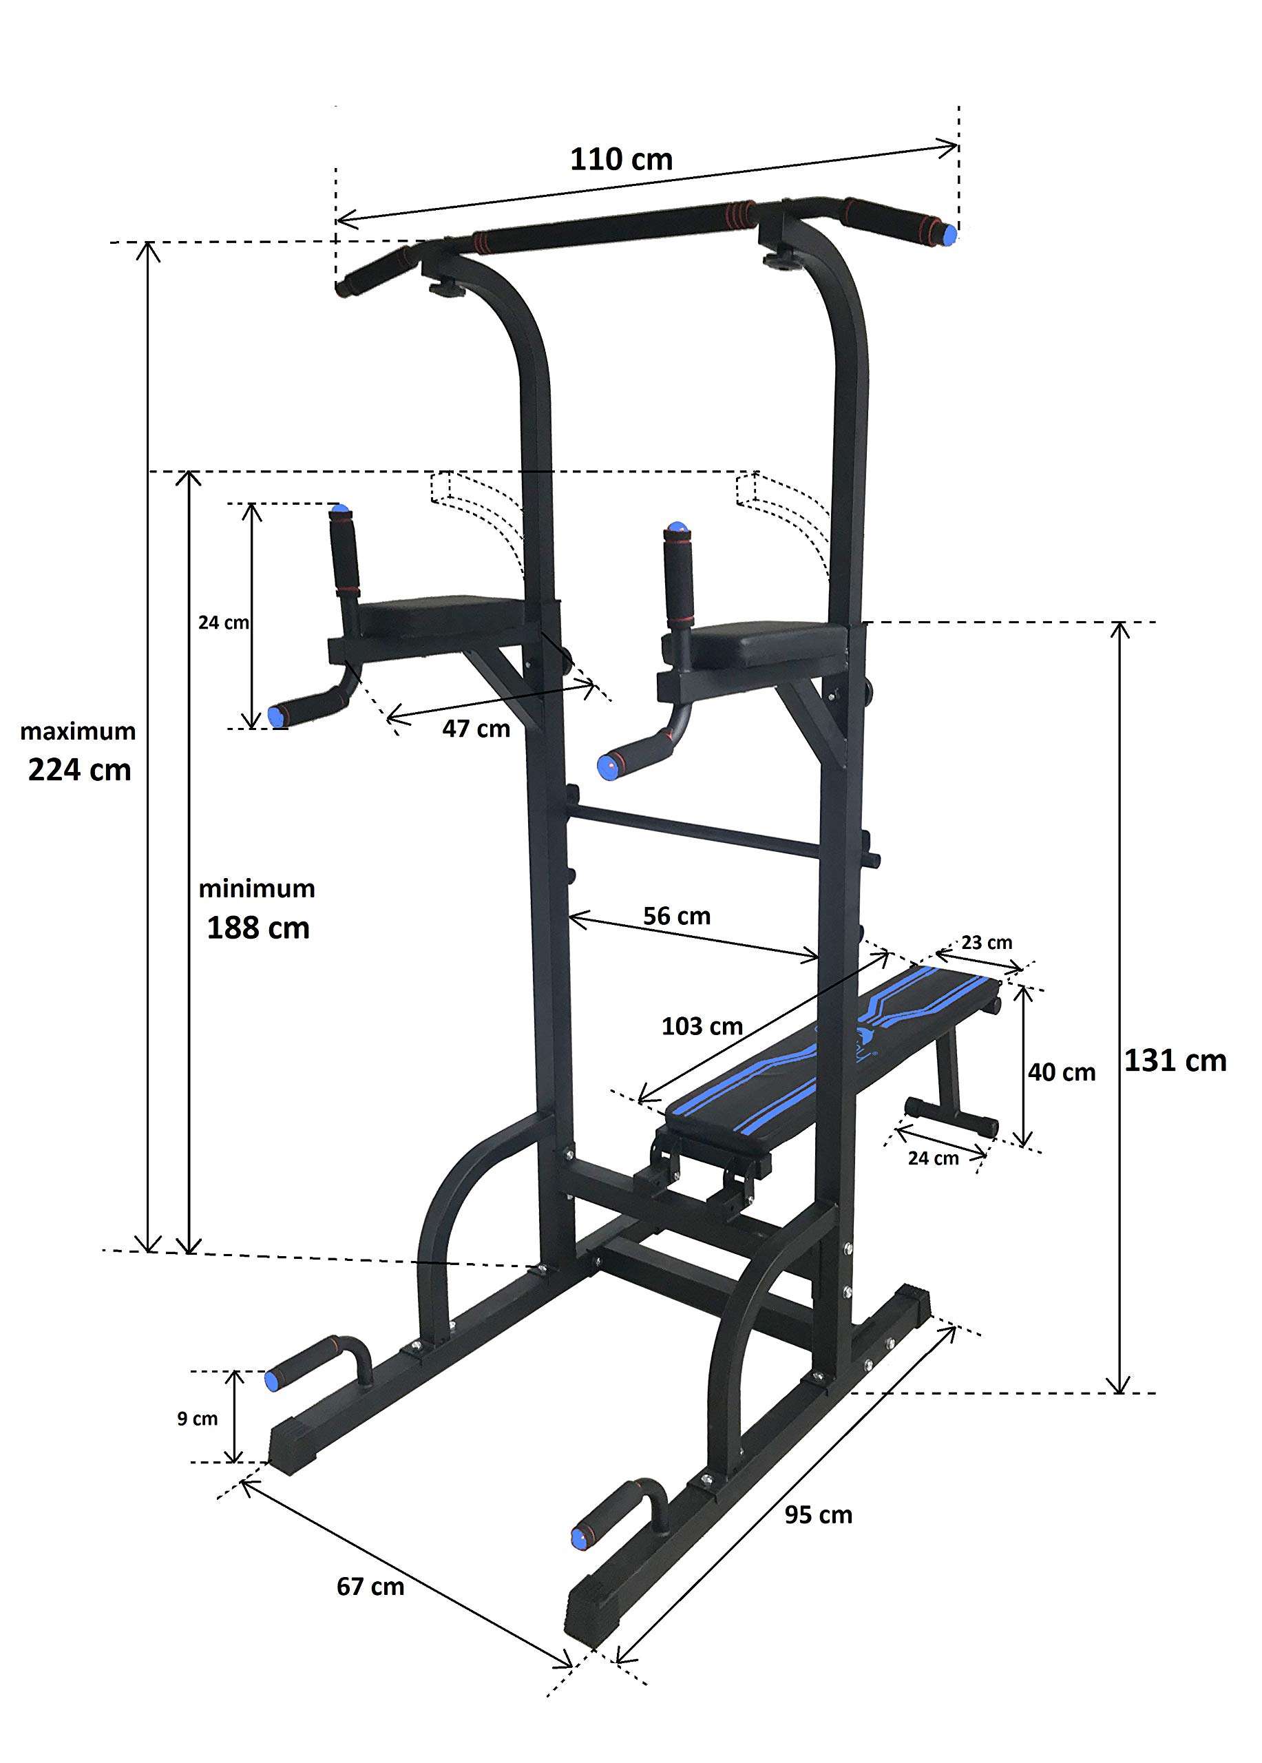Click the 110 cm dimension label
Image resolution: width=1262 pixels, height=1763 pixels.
click(x=621, y=160)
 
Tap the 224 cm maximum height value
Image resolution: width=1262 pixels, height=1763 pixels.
click(x=79, y=771)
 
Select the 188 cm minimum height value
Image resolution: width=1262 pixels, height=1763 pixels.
click(x=258, y=928)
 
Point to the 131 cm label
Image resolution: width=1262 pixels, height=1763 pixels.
click(x=1175, y=1061)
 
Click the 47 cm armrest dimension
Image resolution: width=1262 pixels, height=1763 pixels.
click(x=476, y=729)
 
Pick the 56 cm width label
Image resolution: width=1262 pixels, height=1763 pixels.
click(x=676, y=916)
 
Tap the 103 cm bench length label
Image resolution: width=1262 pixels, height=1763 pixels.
click(x=702, y=1026)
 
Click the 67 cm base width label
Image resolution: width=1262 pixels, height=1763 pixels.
click(x=370, y=1586)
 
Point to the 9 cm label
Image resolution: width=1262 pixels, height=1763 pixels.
click(x=197, y=1419)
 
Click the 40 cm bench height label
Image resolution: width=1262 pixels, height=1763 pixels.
click(x=1061, y=1073)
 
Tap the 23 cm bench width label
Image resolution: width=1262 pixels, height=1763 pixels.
click(x=986, y=943)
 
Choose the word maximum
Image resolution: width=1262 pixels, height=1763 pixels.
click(x=78, y=731)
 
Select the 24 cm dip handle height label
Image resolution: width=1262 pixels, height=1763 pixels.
click(x=223, y=622)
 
